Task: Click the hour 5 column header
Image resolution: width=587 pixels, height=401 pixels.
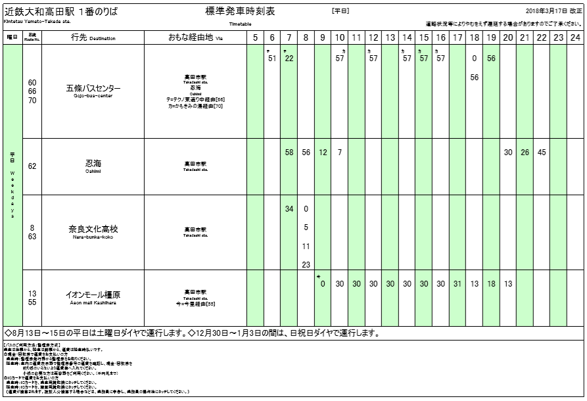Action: (256, 37)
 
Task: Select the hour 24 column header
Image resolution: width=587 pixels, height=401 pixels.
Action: (575, 37)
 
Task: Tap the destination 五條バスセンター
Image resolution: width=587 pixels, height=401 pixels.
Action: (93, 89)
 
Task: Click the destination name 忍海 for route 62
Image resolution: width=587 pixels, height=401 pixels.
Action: (93, 163)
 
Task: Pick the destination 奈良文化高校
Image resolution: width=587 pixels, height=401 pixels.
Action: (93, 229)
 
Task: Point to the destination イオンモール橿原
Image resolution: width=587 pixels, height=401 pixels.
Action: (93, 295)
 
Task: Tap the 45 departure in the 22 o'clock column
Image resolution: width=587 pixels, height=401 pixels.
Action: (541, 153)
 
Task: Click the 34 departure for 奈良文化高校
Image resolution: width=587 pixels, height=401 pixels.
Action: (289, 209)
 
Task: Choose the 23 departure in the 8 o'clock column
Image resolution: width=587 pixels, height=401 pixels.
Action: (306, 265)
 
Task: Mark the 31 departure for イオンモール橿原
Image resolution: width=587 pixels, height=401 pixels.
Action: (458, 284)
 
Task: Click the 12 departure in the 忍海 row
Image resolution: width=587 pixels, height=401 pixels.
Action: (323, 153)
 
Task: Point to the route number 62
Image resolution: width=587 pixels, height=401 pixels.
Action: (32, 166)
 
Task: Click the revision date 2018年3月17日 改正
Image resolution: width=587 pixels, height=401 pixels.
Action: (553, 12)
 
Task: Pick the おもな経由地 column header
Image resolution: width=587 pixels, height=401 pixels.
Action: (196, 37)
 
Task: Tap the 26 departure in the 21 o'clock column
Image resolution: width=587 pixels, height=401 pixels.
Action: (525, 153)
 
